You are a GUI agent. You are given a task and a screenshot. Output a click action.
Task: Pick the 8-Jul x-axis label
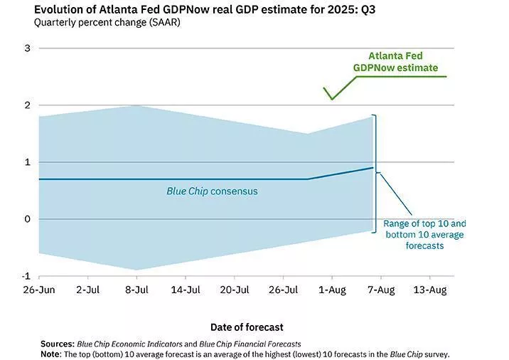click(136, 290)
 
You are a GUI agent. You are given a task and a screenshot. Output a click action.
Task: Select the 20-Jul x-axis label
click(235, 290)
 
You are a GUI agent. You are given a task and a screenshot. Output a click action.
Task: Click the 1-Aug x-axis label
click(331, 290)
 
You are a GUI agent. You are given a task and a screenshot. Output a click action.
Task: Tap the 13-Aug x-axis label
click(429, 290)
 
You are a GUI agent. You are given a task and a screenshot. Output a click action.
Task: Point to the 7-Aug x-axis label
click(380, 290)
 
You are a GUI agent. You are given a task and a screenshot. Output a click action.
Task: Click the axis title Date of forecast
click(247, 327)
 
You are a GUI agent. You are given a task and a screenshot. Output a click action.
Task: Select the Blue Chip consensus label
click(212, 191)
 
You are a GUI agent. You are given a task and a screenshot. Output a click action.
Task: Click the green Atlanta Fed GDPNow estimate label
click(396, 62)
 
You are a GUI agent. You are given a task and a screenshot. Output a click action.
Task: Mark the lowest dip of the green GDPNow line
click(331, 99)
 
